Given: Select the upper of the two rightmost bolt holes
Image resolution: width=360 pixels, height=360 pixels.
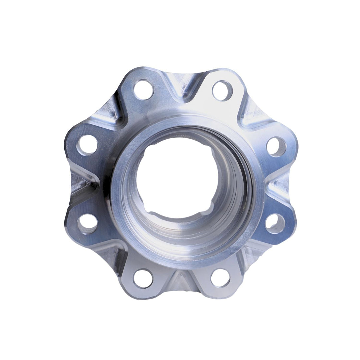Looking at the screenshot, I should click(x=276, y=147).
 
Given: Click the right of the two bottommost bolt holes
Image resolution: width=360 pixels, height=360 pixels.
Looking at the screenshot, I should click(x=221, y=279).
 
